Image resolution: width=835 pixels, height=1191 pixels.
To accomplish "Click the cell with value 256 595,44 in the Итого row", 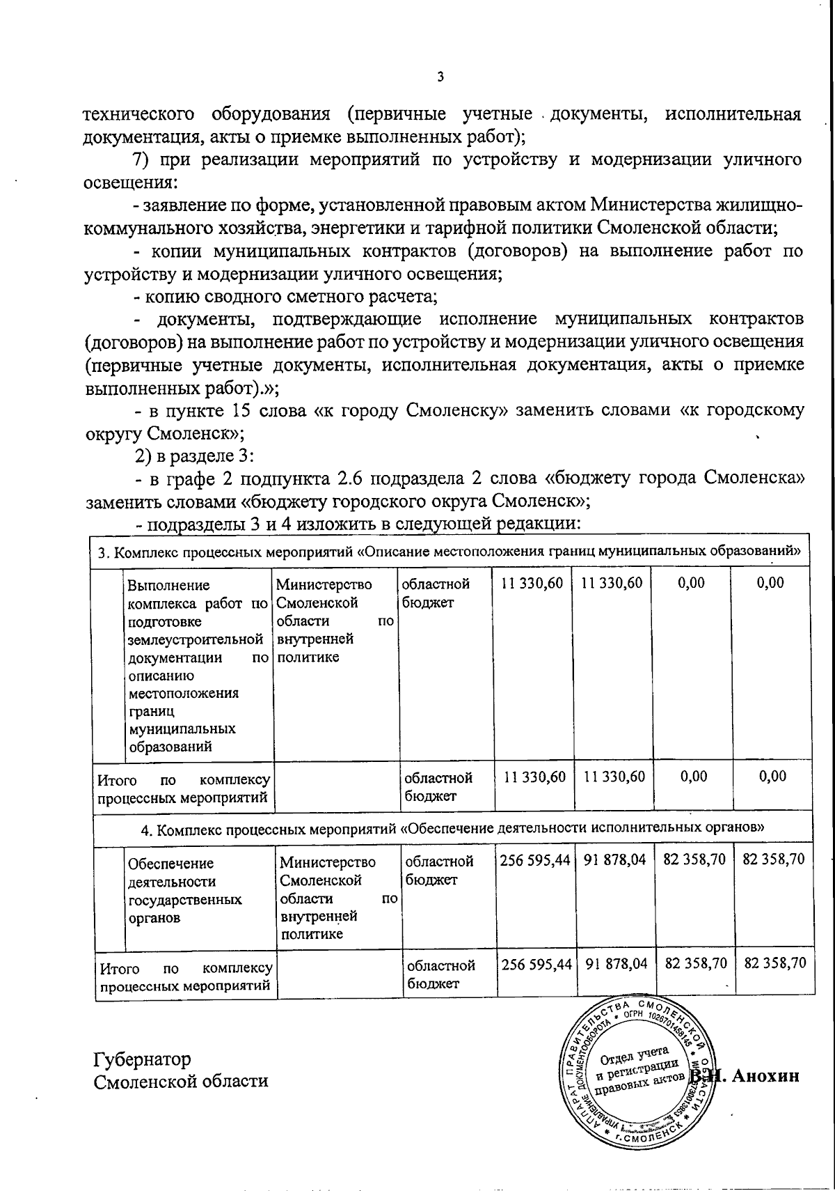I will pyautogui.click(x=536, y=964).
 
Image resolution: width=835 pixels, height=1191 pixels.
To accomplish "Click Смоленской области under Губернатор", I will pyautogui.click(x=180, y=1081).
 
